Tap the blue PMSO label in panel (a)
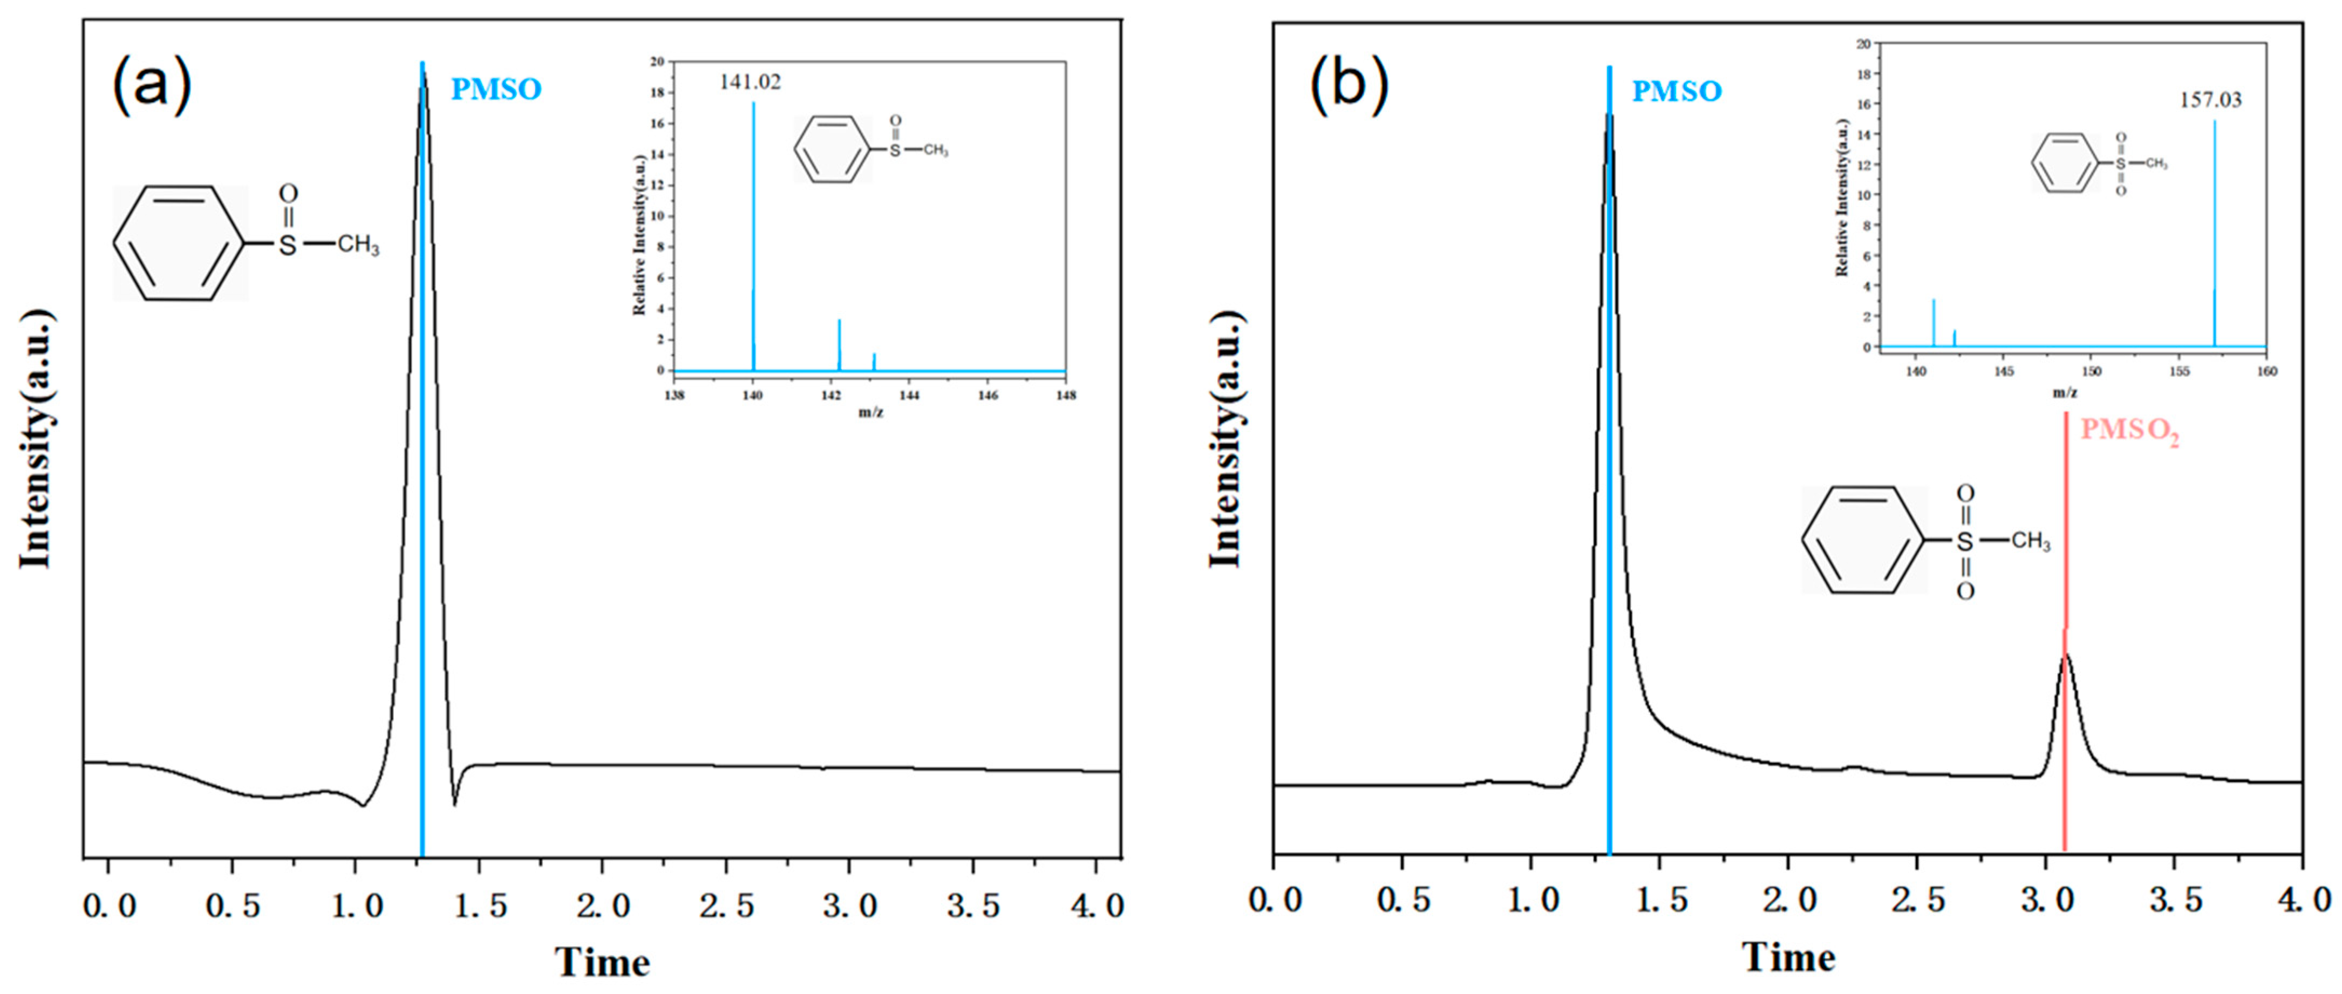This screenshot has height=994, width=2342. [x=496, y=89]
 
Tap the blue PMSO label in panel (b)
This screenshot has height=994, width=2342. [x=1677, y=91]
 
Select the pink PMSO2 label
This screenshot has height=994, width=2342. [x=2129, y=430]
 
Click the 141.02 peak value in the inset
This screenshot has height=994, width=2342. [x=750, y=82]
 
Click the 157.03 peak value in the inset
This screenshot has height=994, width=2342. [x=2210, y=100]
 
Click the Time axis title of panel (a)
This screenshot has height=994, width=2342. [x=602, y=962]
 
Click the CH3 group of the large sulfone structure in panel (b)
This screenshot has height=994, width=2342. [x=2030, y=541]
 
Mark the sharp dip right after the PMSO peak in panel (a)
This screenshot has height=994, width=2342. [x=454, y=804]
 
